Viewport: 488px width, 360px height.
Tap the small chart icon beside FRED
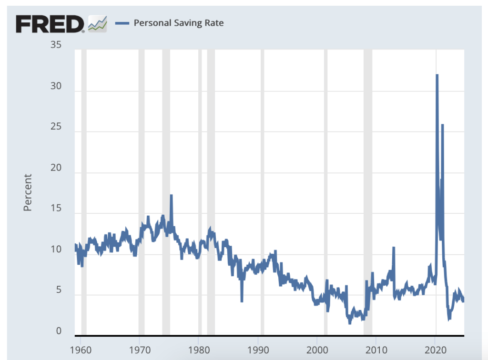pos(97,23)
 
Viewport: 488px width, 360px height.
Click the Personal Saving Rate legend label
pos(179,22)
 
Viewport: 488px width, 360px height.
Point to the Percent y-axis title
pos(28,192)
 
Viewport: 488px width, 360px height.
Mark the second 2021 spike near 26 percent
pos(442,125)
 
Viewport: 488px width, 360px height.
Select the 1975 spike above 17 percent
pos(171,195)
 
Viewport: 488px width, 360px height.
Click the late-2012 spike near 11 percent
pos(394,248)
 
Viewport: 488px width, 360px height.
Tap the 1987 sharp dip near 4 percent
pos(242,300)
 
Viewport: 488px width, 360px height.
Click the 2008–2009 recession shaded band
pos(368,190)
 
